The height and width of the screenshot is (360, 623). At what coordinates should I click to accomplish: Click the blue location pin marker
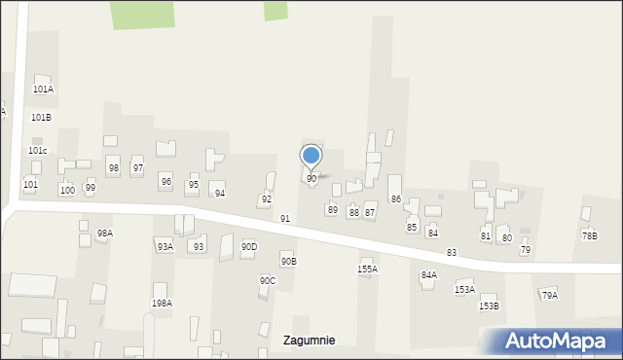[x=311, y=156]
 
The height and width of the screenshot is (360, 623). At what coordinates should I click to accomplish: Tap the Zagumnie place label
[x=310, y=341]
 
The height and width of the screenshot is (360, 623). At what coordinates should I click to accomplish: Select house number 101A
[x=43, y=89]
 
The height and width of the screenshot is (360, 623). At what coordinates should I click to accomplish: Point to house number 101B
[x=41, y=117]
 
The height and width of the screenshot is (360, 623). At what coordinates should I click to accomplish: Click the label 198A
[x=162, y=303]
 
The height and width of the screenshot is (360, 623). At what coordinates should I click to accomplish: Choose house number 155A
[x=367, y=269]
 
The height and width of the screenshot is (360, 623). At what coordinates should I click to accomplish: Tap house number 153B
[x=489, y=306]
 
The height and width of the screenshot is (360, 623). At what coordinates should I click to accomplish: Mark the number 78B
[x=590, y=235]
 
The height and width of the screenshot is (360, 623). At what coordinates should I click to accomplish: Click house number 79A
[x=549, y=295]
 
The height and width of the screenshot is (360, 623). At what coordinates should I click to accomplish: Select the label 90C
[x=267, y=280]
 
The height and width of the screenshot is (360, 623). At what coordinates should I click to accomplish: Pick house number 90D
[x=249, y=246]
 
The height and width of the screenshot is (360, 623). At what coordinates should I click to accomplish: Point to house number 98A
[x=104, y=233]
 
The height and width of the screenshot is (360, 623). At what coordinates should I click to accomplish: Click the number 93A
[x=165, y=246]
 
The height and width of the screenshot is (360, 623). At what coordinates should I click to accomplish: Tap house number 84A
[x=428, y=275]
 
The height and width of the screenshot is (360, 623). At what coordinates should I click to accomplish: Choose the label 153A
[x=464, y=289]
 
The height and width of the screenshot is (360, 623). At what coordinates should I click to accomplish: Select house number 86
[x=396, y=198]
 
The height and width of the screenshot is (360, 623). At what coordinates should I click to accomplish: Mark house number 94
[x=220, y=193]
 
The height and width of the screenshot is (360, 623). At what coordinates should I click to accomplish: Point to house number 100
[x=66, y=190]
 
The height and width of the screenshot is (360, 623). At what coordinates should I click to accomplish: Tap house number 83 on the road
[x=452, y=252]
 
